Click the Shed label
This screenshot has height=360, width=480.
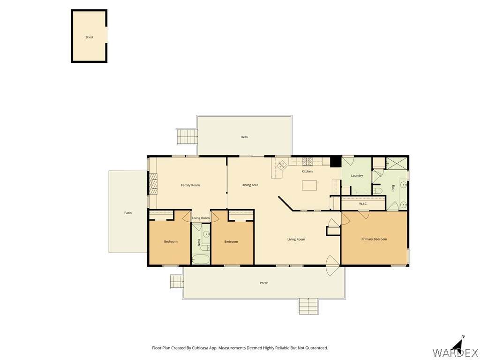(x=89, y=37)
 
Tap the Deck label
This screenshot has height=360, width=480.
(x=244, y=137)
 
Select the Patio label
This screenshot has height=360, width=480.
(x=128, y=213)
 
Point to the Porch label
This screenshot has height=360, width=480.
(x=264, y=283)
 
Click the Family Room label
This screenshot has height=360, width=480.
(x=190, y=185)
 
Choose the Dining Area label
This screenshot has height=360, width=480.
(x=250, y=185)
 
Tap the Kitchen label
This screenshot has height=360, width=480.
(x=307, y=172)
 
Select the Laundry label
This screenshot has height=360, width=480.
(x=357, y=176)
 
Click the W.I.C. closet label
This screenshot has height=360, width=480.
(x=363, y=203)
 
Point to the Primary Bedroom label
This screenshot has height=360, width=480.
(x=374, y=239)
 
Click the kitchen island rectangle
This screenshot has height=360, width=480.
(x=309, y=185)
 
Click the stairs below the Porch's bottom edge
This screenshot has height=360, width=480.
(x=309, y=306)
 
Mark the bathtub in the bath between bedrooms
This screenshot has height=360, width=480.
(x=201, y=259)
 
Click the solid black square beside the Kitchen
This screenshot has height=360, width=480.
(x=336, y=162)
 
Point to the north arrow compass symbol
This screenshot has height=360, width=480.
(x=458, y=345)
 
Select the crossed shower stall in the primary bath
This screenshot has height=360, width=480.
(x=397, y=164)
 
